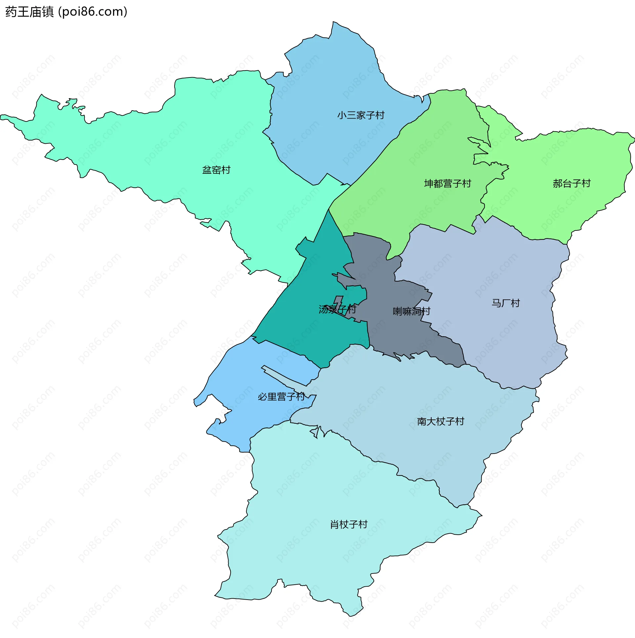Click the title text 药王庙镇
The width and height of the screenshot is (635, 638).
tap(29, 12)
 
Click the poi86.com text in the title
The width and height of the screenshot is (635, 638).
tap(93, 12)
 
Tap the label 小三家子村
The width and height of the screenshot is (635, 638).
tap(360, 115)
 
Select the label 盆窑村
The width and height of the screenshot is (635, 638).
tap(216, 170)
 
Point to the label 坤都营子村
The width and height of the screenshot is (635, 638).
tap(447, 183)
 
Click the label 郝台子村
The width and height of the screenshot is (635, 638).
tap(571, 183)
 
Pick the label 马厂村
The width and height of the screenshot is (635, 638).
tap(505, 303)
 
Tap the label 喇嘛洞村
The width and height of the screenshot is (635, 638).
tap(411, 311)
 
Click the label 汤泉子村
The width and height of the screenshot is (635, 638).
tap(337, 309)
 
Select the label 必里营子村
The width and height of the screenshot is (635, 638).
tap(281, 396)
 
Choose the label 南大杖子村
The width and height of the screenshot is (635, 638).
tap(441, 421)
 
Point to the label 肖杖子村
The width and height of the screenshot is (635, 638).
tap(349, 524)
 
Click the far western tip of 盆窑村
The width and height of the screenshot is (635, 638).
tap(2, 117)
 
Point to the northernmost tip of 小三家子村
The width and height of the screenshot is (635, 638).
tap(333, 23)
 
